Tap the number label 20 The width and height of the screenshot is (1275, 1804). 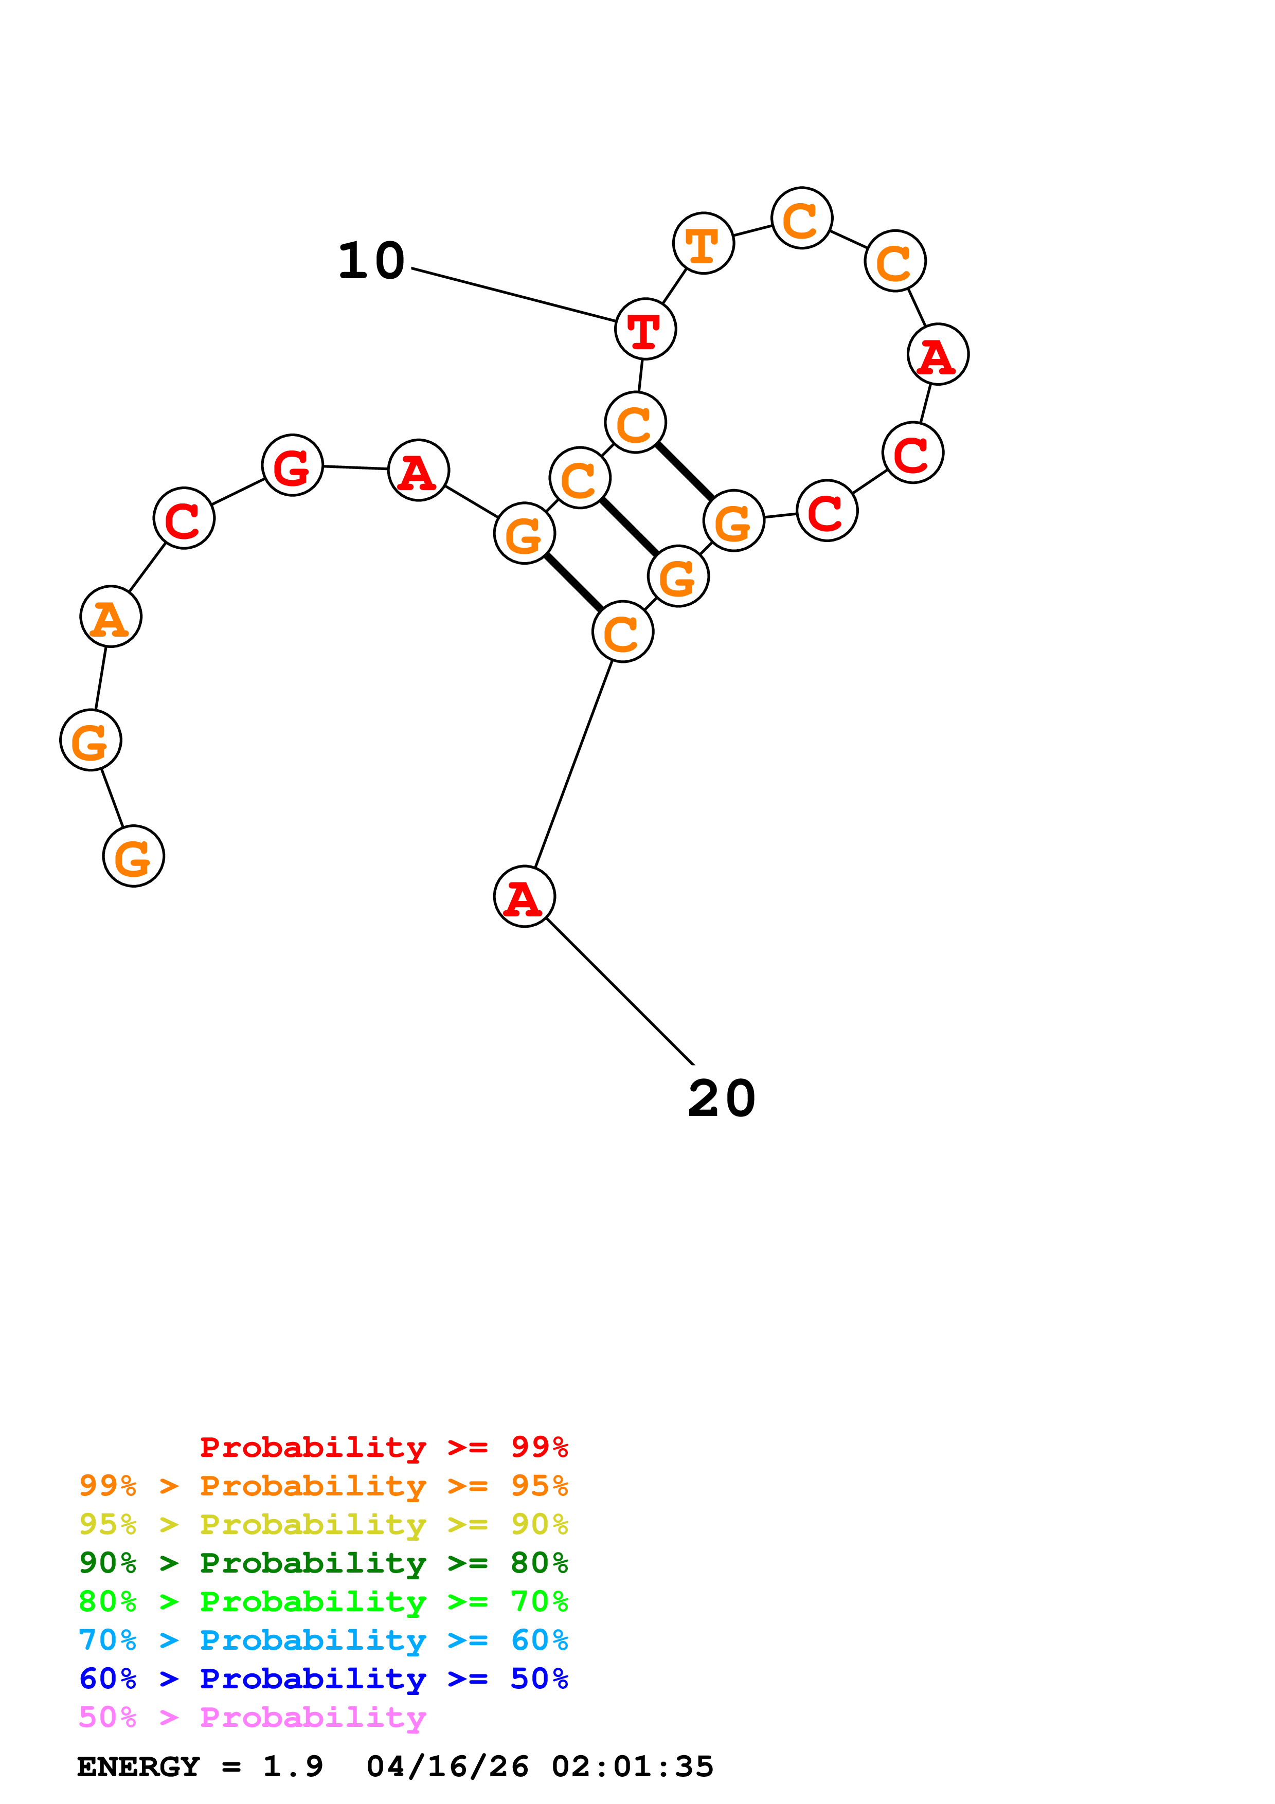(721, 1098)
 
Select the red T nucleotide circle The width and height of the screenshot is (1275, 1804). (645, 329)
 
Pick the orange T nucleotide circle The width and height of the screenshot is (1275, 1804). (703, 244)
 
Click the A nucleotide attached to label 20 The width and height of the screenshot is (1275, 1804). (524, 896)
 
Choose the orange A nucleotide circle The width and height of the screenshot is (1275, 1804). (111, 617)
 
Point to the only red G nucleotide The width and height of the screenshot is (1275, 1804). (292, 466)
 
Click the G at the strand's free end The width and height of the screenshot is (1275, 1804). (134, 856)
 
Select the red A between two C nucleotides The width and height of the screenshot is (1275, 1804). (937, 354)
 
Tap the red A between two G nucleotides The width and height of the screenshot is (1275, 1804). (419, 471)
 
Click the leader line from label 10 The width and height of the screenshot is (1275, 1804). (512, 295)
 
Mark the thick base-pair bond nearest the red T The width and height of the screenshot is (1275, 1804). (685, 472)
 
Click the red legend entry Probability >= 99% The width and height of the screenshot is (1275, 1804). (383, 1447)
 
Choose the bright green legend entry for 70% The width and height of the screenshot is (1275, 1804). (323, 1601)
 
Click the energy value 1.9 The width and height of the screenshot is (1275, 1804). (292, 1767)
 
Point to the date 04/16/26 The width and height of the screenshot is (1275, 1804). (447, 1767)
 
